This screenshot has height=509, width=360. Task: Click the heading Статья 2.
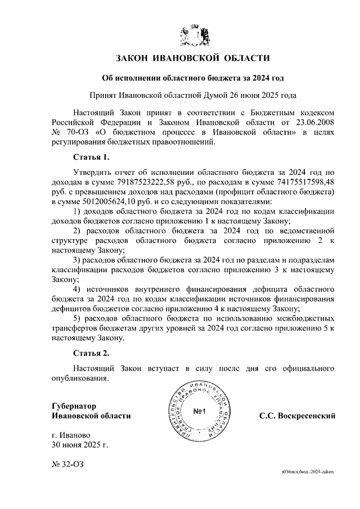[x=90, y=353]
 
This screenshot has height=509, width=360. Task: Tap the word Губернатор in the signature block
[x=74, y=405]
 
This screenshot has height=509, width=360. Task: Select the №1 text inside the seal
[x=201, y=411]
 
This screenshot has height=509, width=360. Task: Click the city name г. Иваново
[x=70, y=435]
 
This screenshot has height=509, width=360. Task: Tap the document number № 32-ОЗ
[x=67, y=465]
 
